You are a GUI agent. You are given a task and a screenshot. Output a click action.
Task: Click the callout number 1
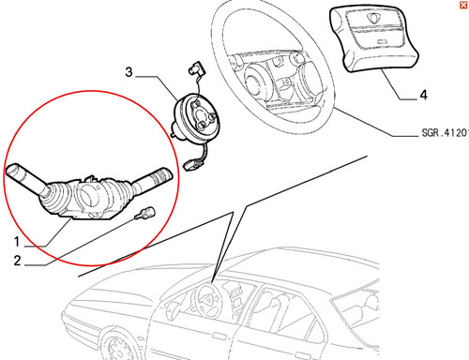17,242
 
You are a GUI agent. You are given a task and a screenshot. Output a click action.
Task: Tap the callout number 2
18,261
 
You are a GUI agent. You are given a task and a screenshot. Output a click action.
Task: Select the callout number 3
129,72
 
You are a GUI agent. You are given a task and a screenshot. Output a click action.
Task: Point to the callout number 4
424,95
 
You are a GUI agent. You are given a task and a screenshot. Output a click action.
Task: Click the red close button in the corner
463,5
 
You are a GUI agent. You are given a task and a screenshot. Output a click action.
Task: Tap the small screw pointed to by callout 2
145,214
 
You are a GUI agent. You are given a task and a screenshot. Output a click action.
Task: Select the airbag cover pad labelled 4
373,38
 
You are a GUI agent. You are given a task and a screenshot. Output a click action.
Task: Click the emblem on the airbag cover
372,18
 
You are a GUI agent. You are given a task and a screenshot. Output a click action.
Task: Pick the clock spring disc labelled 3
197,120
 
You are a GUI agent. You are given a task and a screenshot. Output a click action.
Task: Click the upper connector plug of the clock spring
197,68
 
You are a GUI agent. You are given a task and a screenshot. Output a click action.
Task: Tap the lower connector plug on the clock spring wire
191,164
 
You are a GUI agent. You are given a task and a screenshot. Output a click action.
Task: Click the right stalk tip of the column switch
162,175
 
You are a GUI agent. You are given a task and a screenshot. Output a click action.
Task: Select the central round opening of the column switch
89,196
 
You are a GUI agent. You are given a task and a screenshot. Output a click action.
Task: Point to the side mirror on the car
173,308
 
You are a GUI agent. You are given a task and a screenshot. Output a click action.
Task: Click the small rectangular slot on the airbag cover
382,41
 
